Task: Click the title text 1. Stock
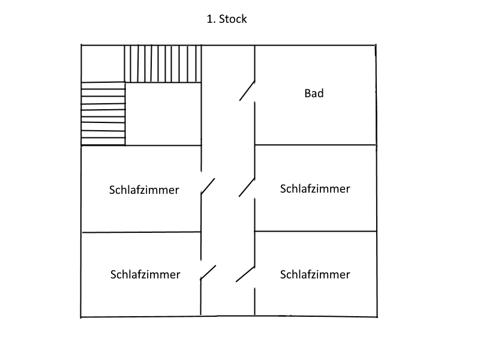[226, 19]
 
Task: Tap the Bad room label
[314, 93]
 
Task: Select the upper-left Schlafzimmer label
[145, 190]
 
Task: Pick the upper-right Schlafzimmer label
[315, 188]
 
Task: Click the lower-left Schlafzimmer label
[145, 275]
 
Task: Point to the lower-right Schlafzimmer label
[315, 275]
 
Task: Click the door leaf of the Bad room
[247, 91]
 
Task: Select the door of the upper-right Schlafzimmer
[246, 187]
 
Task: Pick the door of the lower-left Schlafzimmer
[208, 272]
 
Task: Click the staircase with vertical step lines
[163, 64]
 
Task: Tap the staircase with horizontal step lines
[103, 113]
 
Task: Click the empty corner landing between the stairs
[103, 64]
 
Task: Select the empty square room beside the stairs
[163, 114]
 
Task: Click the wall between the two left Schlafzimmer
[141, 232]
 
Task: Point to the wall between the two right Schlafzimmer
[315, 232]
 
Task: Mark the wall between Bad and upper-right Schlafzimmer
[315, 145]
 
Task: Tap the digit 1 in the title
[209, 19]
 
